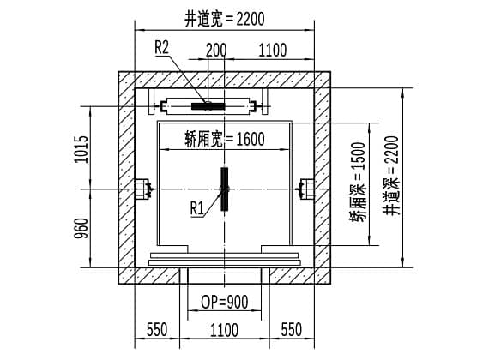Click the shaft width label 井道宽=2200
coord(225,20)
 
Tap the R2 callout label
coord(161,47)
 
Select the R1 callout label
coord(196,208)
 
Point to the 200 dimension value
coord(216,50)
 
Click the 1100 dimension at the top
coord(273,50)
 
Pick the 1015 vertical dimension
coord(81,149)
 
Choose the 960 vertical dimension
coord(81,229)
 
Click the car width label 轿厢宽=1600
coord(225,139)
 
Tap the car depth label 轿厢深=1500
coord(358,182)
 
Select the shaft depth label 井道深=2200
coord(391,176)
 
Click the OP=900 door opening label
coord(225,302)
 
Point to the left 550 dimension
coord(157,329)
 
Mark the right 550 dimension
coord(292,329)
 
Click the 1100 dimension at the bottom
coord(224,330)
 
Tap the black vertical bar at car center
coord(225,189)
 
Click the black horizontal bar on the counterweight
coord(208,106)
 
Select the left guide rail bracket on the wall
coord(143,189)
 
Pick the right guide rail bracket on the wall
coord(305,189)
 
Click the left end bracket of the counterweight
coord(163,106)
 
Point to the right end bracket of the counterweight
coord(253,106)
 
